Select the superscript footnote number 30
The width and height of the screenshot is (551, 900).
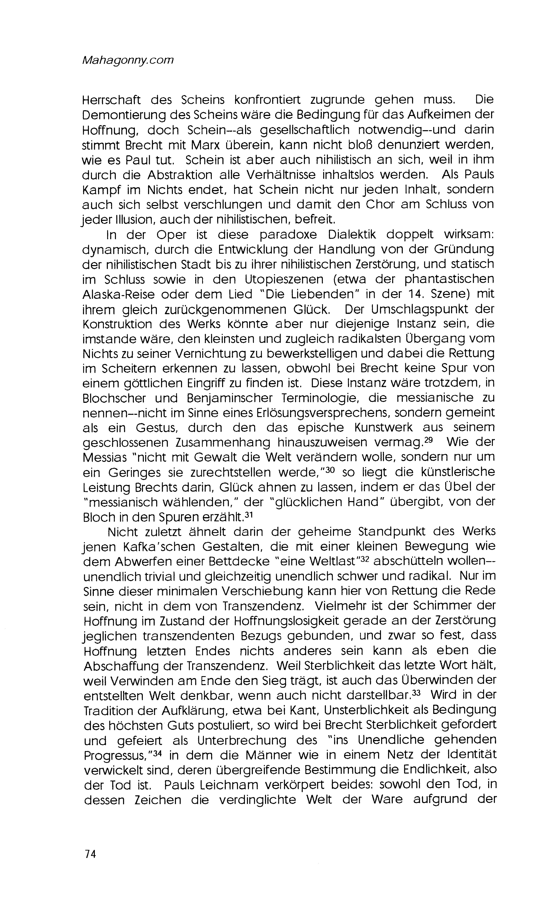(330, 470)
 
